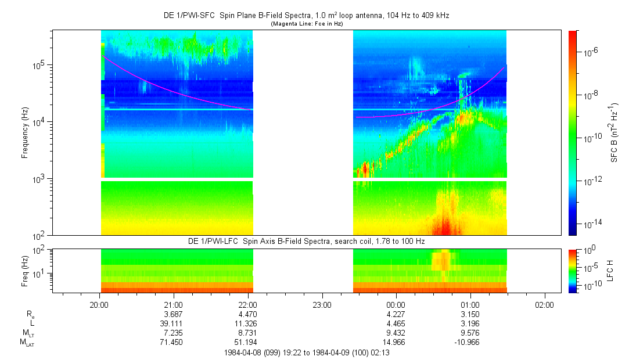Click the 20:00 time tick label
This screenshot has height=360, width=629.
click(x=100, y=304)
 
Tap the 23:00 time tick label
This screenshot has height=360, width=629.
click(x=322, y=304)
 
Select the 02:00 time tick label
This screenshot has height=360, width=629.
click(x=544, y=304)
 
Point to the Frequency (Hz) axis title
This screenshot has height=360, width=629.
click(x=25, y=133)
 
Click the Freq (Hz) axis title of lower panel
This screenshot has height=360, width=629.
click(x=25, y=270)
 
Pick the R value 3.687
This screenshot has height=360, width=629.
click(x=174, y=314)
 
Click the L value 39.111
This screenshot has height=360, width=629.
click(x=174, y=323)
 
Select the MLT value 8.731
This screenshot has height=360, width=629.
click(x=247, y=332)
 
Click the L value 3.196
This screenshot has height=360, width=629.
click(x=470, y=323)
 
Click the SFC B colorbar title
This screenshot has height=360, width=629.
click(x=614, y=133)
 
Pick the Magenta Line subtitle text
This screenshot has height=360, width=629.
click(x=307, y=24)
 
